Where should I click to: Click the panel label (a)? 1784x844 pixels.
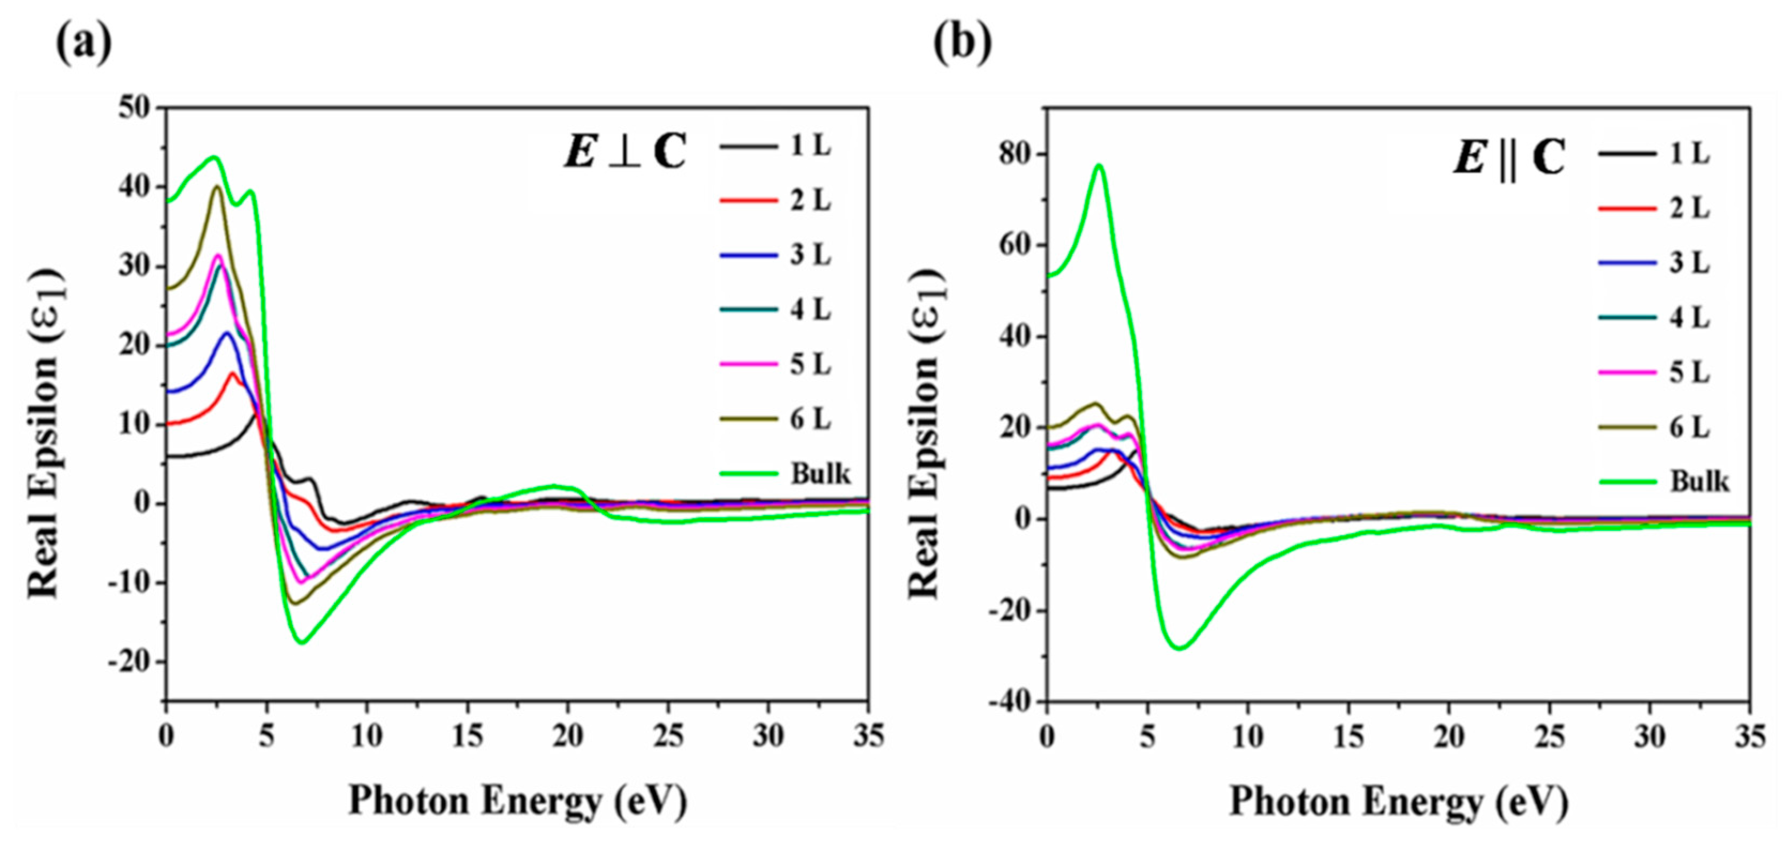point(83,43)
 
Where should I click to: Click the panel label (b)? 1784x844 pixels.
point(962,43)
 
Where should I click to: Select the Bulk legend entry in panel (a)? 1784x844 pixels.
point(820,474)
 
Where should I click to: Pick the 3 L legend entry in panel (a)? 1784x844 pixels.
point(810,256)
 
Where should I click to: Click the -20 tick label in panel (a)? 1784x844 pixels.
point(129,661)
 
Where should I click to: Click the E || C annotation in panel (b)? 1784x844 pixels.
point(1509,158)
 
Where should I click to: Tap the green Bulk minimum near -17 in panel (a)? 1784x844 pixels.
point(302,642)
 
